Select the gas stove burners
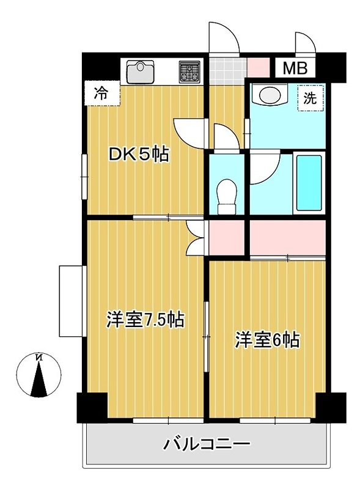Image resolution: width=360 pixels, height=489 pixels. pos(189,72)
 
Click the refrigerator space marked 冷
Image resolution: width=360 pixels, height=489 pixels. pos(101,94)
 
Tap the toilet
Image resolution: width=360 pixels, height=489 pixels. pos(226,194)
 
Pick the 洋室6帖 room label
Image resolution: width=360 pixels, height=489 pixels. pos(267,340)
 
